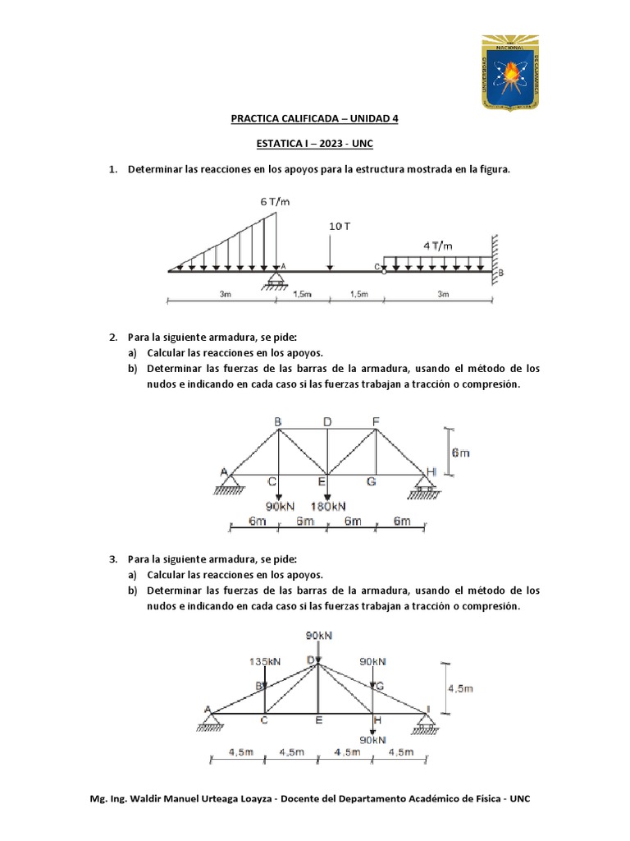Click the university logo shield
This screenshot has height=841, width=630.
coord(510,73)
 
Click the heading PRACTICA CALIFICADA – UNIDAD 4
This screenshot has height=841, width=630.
coord(314,118)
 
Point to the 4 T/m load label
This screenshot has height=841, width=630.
coord(436,245)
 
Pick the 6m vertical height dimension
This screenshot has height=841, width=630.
coord(459,452)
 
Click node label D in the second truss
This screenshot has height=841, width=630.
coord(327,422)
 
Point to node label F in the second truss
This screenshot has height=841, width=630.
coord(376,422)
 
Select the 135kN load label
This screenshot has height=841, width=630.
coord(264,660)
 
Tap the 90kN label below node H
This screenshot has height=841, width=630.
coord(373,739)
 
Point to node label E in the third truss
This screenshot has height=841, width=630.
coord(318,721)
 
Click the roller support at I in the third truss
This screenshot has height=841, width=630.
coord(425,723)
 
